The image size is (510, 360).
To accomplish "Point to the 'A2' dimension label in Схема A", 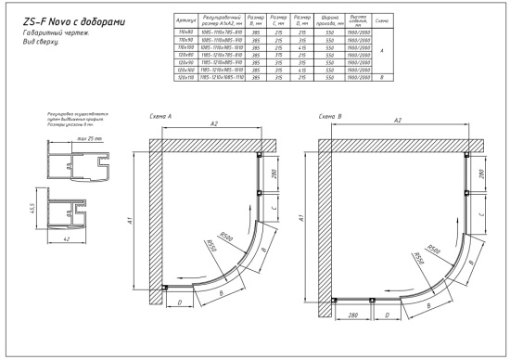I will pyautogui.click(x=215, y=122).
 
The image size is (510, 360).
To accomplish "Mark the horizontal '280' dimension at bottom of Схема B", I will pyautogui.click(x=352, y=315).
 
